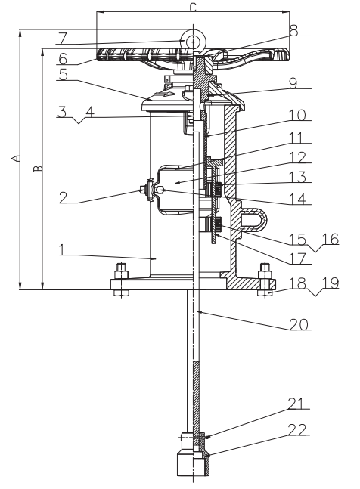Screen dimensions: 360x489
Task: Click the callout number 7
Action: click(62, 38)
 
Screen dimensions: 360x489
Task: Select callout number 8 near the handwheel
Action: click(293, 30)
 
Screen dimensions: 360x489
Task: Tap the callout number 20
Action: click(299, 324)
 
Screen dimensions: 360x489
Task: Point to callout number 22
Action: click(297, 429)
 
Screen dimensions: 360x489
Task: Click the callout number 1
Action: click(62, 249)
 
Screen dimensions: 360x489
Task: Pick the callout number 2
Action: click(64, 197)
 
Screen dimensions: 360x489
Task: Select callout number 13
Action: click(298, 178)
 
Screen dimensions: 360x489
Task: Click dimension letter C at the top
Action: click(193, 7)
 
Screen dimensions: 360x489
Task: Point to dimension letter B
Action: click(38, 168)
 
